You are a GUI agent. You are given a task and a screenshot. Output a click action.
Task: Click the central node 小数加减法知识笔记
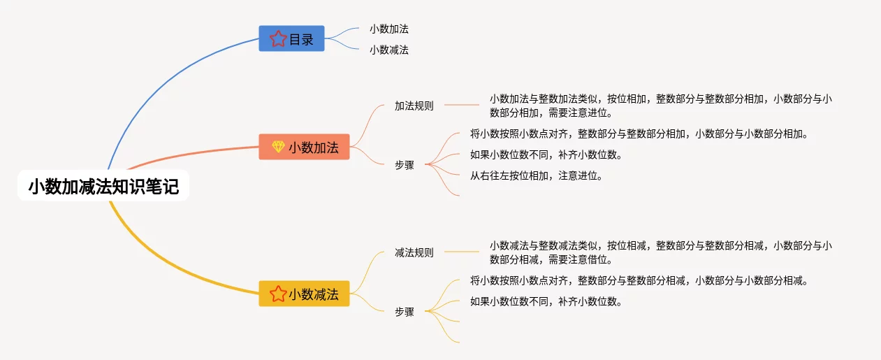(x=103, y=187)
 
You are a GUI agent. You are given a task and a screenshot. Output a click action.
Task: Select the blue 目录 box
(x=291, y=39)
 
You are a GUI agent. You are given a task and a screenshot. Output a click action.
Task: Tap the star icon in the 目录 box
(x=278, y=39)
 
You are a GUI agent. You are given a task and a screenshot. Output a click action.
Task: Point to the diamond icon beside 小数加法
(x=278, y=147)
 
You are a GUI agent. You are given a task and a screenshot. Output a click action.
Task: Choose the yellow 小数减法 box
(x=305, y=294)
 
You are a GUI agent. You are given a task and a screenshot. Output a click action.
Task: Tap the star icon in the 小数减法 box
(x=278, y=294)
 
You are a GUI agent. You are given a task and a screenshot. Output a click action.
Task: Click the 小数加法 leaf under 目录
(x=389, y=29)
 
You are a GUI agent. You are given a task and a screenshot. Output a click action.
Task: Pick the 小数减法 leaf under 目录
(x=389, y=50)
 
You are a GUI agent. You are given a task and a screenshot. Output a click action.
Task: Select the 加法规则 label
(x=414, y=106)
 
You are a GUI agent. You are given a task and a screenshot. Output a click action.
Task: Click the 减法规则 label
(x=414, y=252)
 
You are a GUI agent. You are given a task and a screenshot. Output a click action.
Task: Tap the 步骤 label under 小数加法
(x=405, y=165)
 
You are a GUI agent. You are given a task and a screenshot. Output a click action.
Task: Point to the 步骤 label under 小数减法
(x=405, y=312)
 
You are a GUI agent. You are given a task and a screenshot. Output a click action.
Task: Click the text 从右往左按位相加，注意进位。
(x=537, y=176)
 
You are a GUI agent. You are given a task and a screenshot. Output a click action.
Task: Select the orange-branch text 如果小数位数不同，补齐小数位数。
(x=546, y=155)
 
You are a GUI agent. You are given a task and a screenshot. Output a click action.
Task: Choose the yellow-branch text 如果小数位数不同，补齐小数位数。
(x=546, y=302)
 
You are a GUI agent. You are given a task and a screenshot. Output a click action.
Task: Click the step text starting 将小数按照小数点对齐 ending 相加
(x=639, y=134)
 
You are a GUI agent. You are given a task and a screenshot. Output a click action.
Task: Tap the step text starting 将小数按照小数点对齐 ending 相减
(x=639, y=281)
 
